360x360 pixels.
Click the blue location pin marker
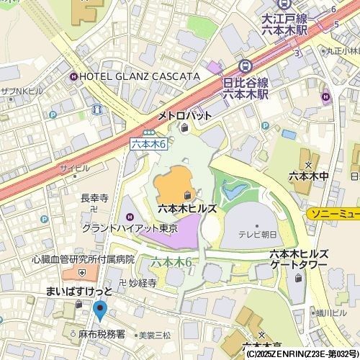[99, 311]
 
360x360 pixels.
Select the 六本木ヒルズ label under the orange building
[187, 207]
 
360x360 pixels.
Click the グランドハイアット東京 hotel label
[129, 228]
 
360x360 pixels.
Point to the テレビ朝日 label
[258, 234]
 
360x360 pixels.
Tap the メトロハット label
[185, 115]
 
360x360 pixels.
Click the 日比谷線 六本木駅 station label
[245, 89]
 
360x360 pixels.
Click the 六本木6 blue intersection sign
[149, 144]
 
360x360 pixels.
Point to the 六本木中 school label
[308, 175]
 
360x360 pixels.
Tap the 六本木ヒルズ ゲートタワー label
[299, 259]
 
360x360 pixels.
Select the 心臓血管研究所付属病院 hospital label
[83, 259]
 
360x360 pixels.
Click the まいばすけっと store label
[79, 292]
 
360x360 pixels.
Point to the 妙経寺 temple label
[142, 284]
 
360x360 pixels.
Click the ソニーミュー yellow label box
[333, 215]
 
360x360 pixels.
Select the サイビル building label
[75, 168]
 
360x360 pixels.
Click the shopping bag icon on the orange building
[187, 195]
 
